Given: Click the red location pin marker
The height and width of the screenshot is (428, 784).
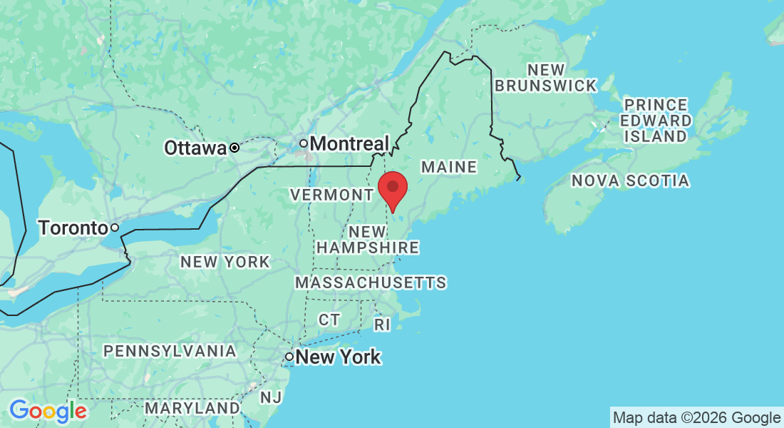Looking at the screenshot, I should pyautogui.click(x=392, y=189).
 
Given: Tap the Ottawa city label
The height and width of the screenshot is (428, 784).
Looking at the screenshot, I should pyautogui.click(x=195, y=148).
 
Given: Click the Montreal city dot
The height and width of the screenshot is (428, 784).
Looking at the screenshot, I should pyautogui.click(x=303, y=143).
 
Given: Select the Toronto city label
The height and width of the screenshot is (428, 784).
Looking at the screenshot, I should pyautogui.click(x=73, y=228).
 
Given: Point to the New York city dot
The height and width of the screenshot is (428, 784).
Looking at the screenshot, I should pyautogui.click(x=289, y=356).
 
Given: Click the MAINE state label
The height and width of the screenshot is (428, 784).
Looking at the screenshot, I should pyautogui.click(x=448, y=167).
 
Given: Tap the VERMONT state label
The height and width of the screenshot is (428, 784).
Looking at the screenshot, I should pyautogui.click(x=331, y=195).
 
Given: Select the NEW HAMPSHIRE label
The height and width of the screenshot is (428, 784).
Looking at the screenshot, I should pyautogui.click(x=368, y=240).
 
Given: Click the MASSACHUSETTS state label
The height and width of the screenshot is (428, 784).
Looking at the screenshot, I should pyautogui.click(x=371, y=283).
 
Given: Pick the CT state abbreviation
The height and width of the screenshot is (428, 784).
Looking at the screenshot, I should pyautogui.click(x=329, y=320).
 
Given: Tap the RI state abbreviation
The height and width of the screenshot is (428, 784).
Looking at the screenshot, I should pyautogui.click(x=383, y=325).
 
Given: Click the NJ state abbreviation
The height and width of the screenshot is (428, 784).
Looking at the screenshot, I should pyautogui.click(x=270, y=397).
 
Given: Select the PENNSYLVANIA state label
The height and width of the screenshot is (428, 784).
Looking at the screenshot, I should pyautogui.click(x=170, y=351).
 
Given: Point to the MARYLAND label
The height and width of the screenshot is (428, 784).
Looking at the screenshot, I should pyautogui.click(x=192, y=409).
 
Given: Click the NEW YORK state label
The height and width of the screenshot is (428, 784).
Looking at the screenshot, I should pyautogui.click(x=225, y=262).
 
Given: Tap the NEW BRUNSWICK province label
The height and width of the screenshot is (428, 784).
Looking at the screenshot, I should pyautogui.click(x=546, y=78).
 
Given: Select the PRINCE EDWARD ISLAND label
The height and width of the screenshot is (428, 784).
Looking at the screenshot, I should pyautogui.click(x=656, y=120).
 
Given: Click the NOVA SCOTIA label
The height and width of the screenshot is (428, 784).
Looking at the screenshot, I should pyautogui.click(x=630, y=181).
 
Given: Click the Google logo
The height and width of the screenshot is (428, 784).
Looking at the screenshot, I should pyautogui.click(x=48, y=411).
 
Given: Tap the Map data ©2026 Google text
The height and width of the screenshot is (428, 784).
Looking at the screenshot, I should pyautogui.click(x=696, y=417).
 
